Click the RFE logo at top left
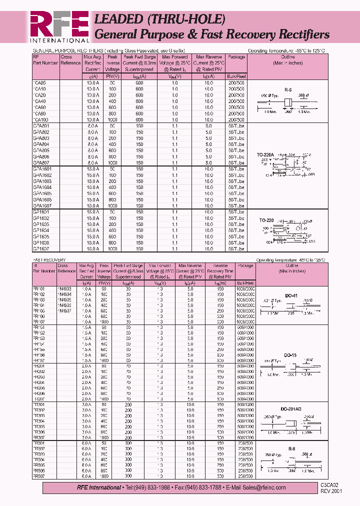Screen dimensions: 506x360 click(59, 23)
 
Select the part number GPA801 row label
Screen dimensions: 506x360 click(39, 126)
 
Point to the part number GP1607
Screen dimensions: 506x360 click(39, 248)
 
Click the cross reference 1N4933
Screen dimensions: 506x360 click(65, 288)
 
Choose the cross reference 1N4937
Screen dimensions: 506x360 click(65, 310)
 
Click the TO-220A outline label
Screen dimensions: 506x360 click(266, 155)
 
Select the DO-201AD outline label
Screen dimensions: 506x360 click(292, 409)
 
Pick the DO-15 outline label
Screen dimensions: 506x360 click(290, 355)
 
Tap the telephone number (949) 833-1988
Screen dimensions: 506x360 click(144, 487)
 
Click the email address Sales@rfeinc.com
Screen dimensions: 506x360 click(262, 487)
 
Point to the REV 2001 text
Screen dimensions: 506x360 click(331, 491)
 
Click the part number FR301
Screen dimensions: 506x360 click(38, 405)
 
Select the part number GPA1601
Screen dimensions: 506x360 click(40, 169)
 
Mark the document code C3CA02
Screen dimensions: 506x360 click(330, 485)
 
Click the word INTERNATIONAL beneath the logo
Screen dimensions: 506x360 click(59, 40)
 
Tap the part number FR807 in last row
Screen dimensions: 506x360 click(38, 476)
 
